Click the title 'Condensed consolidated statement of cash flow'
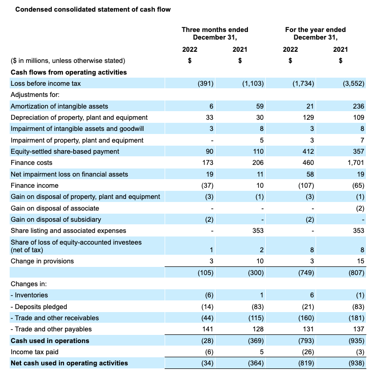[93, 9]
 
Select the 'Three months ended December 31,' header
[215, 33]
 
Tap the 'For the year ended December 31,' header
[316, 33]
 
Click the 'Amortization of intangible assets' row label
[59, 106]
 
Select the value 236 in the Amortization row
[358, 106]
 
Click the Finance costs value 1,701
[355, 163]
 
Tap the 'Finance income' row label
[35, 185]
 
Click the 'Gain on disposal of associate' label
[55, 208]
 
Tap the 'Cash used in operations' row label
[50, 341]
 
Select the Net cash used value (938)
[355, 363]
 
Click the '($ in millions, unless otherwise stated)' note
[68, 60]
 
